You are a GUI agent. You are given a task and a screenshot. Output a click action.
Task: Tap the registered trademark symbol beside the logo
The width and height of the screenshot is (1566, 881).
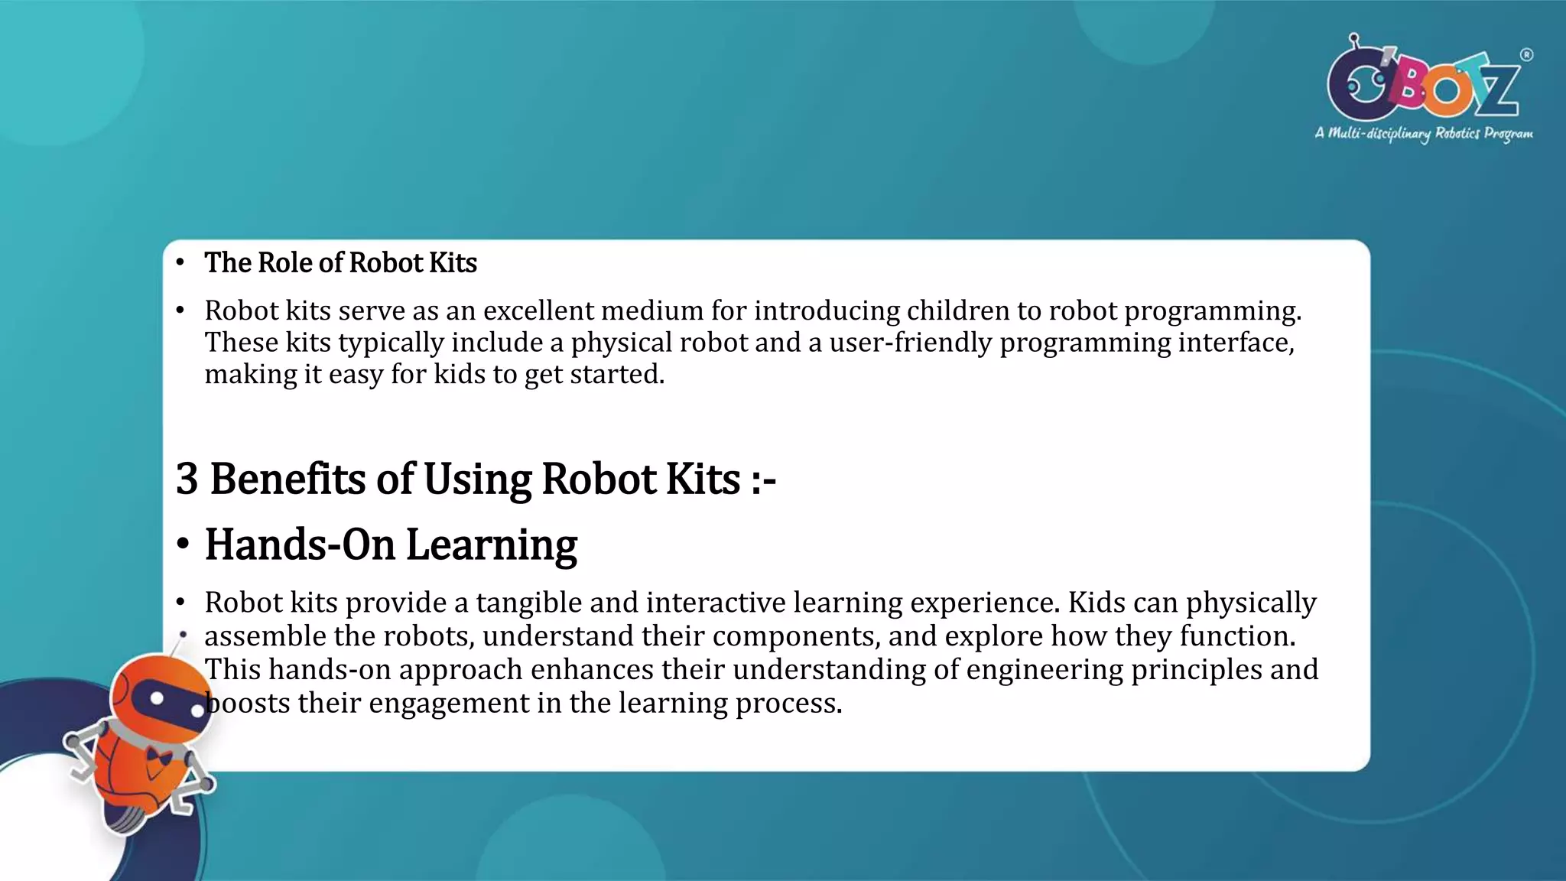coord(1526,55)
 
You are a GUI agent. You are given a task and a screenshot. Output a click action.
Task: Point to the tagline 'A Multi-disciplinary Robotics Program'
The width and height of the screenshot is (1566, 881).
coord(1424,134)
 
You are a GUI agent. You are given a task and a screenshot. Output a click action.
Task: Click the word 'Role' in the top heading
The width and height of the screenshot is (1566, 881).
coord(285,263)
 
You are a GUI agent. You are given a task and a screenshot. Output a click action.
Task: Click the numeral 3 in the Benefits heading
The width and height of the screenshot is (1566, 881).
coord(187,480)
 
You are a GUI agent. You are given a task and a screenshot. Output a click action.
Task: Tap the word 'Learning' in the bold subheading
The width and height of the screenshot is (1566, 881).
coord(491,545)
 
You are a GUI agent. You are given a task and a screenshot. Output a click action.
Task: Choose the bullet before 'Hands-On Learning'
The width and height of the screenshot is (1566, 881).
coord(182,545)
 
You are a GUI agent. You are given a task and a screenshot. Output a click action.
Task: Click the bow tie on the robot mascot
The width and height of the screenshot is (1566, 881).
coord(159,757)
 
